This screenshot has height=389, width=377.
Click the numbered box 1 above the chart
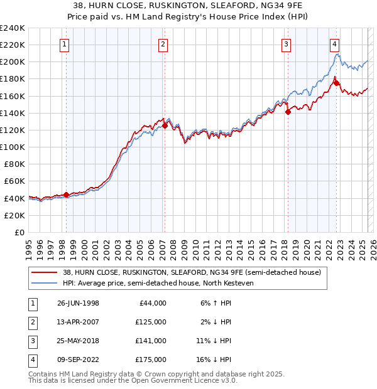(66, 44)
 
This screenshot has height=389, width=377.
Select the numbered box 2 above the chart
(163, 44)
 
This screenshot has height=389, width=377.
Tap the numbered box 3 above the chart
(286, 44)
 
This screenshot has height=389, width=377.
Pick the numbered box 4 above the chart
(334, 44)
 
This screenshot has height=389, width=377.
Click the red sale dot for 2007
(165, 125)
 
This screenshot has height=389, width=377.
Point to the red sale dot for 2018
(288, 112)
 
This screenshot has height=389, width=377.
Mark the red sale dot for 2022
(336, 83)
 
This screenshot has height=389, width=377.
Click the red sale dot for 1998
(66, 194)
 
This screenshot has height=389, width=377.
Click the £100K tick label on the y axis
(12, 147)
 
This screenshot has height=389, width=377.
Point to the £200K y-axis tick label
(12, 62)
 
